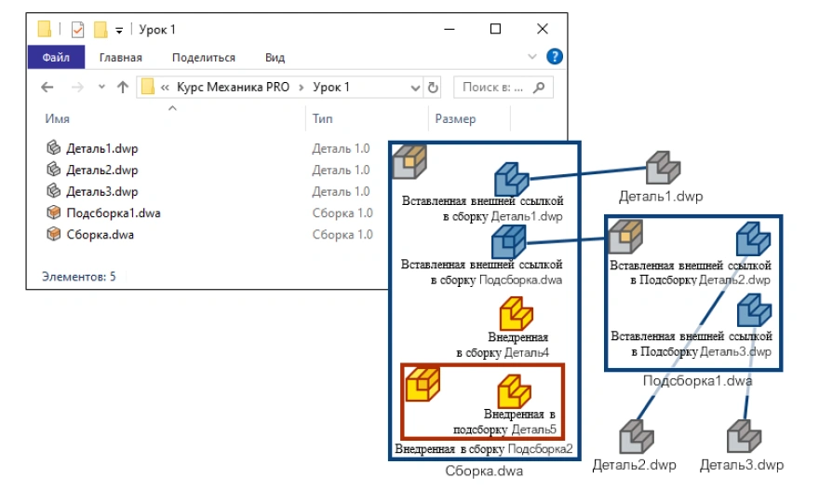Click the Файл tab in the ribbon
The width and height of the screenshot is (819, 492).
(x=56, y=58)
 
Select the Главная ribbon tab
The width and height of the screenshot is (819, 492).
(x=120, y=58)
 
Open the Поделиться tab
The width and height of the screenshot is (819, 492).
(x=203, y=58)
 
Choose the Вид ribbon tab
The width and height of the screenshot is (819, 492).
(x=275, y=58)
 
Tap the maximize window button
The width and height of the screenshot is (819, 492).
(x=495, y=29)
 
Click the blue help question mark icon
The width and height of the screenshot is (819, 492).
(x=554, y=57)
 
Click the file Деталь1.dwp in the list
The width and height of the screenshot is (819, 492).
(x=101, y=147)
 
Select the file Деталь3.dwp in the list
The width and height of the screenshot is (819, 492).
(x=101, y=191)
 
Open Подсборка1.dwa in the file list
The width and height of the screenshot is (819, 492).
(x=113, y=212)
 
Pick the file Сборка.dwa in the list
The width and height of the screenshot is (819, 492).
(x=100, y=234)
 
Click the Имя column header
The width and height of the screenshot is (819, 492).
(x=57, y=118)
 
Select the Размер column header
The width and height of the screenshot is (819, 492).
(x=455, y=118)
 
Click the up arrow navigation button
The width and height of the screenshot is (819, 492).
(x=123, y=88)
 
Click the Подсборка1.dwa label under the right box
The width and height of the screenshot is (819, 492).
(x=697, y=381)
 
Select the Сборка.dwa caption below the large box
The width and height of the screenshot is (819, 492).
(x=484, y=471)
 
